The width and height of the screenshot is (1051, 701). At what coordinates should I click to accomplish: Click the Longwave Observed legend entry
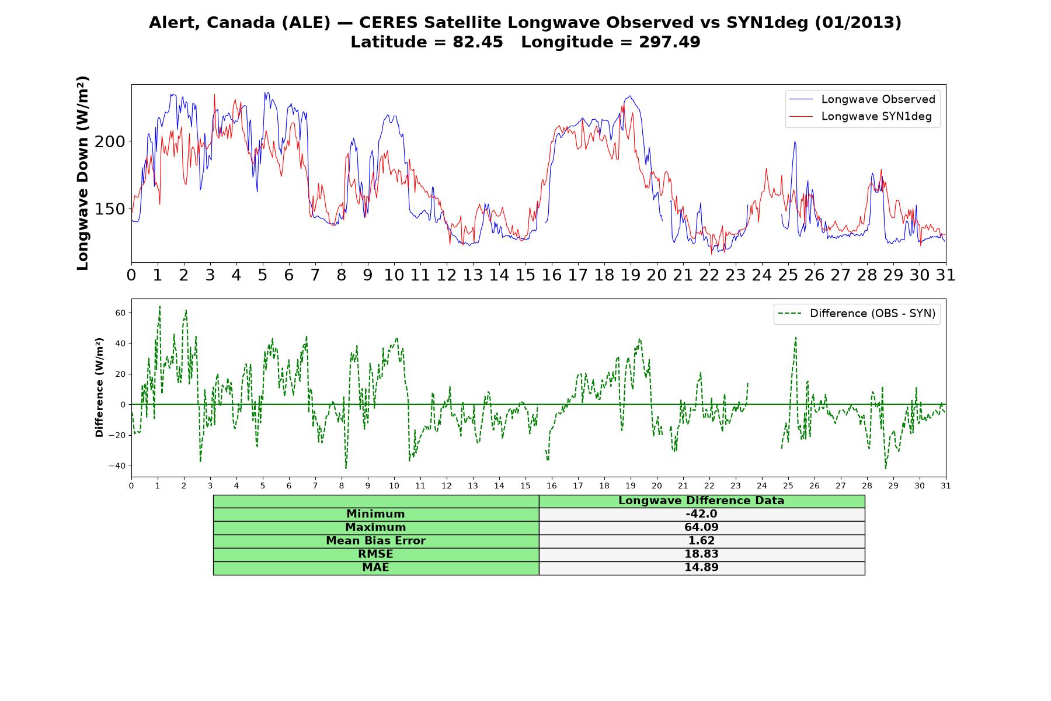coord(862,99)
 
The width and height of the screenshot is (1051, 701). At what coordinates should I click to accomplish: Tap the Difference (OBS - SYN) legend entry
coord(857,314)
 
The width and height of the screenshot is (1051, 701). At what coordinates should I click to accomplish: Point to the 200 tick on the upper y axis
coord(110,141)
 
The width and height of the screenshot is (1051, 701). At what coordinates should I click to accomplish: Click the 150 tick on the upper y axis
coord(110,209)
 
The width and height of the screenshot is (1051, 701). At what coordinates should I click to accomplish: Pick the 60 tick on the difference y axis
coord(120,313)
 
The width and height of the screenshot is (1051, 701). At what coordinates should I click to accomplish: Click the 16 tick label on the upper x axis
coord(552,275)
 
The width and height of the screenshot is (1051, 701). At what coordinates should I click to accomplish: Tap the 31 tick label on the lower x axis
coord(946,485)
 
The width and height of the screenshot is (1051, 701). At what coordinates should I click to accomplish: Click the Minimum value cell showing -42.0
coord(701,514)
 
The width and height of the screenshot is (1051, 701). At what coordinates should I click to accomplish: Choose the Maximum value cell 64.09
coord(701,528)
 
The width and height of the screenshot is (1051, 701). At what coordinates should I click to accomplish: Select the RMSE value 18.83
coord(701,554)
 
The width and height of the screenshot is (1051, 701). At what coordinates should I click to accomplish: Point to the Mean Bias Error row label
coord(375,541)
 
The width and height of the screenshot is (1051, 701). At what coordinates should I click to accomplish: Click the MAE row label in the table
coord(375,568)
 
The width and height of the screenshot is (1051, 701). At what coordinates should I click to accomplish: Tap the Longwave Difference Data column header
coord(701,501)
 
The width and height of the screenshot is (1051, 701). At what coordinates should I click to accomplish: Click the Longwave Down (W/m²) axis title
coord(83,173)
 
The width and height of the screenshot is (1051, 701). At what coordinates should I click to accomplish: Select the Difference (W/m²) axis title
coord(99,387)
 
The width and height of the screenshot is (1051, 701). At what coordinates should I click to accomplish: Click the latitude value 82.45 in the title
coord(478,42)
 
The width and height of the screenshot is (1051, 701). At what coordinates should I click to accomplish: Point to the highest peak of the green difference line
coord(159,306)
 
